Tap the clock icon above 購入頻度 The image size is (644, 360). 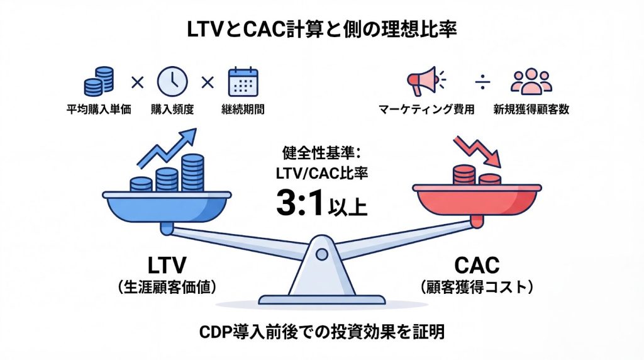coord(172,81)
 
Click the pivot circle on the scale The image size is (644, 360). coord(321,254)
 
